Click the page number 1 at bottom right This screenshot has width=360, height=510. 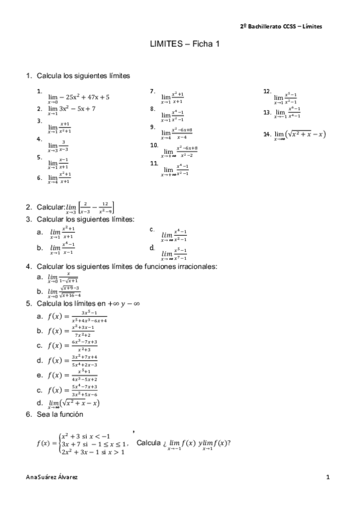point(328,476)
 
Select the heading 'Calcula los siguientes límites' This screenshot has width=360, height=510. point(84,76)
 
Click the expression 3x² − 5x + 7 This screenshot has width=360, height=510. point(77,109)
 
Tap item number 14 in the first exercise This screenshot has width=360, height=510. point(267,134)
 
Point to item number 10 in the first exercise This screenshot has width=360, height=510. point(154,146)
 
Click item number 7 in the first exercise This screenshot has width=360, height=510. point(153,91)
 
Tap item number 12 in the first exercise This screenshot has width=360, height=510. point(267,91)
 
